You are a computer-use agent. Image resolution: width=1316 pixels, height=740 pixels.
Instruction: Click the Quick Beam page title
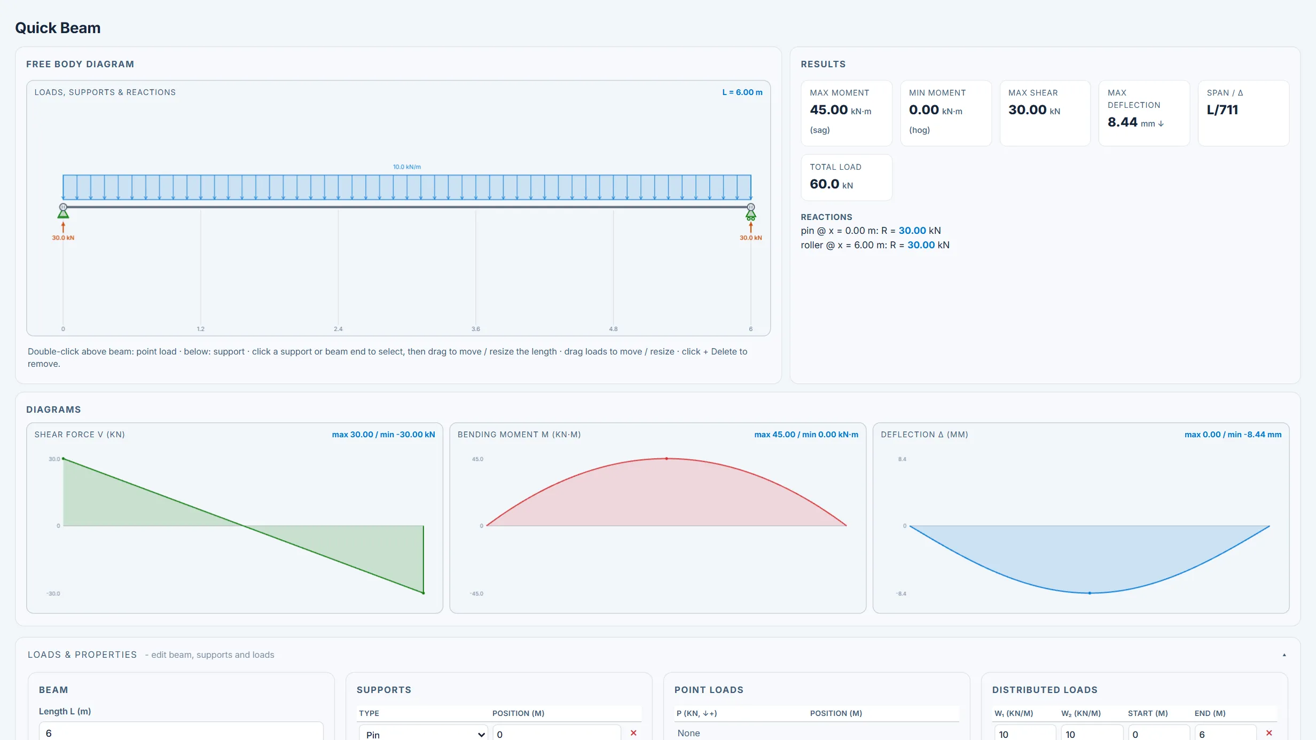tap(58, 28)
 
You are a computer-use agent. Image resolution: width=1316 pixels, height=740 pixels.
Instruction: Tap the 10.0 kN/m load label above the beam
tap(407, 167)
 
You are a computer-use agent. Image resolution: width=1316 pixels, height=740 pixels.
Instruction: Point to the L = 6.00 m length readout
tap(742, 92)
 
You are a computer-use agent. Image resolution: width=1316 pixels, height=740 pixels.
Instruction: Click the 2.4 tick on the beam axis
tap(338, 329)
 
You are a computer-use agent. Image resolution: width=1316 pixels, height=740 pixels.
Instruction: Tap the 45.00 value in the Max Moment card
tap(829, 110)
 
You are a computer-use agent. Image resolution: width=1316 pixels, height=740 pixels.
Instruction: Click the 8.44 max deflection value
tap(1123, 122)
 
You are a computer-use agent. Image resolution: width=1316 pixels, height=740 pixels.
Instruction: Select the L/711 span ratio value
tap(1223, 110)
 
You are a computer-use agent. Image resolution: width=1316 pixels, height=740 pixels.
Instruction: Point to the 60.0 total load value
tap(825, 184)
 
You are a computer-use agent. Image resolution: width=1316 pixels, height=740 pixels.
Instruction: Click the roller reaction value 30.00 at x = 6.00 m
tap(921, 245)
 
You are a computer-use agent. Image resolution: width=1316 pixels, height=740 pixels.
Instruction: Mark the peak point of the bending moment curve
tap(667, 459)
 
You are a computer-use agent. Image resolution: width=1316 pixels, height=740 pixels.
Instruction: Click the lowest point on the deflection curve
tap(1090, 593)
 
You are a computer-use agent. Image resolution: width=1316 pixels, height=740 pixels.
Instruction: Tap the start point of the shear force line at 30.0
tap(64, 459)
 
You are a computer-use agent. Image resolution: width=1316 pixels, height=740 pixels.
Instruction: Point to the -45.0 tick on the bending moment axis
tap(476, 594)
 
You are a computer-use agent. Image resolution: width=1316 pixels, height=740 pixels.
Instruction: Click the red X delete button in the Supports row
tap(633, 733)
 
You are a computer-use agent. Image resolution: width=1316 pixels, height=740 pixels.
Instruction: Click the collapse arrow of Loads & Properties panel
tap(1284, 655)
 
